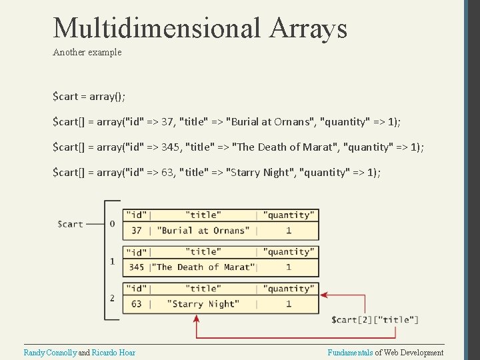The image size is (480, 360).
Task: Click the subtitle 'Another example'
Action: [x=87, y=52]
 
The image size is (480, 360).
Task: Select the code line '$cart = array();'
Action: [x=89, y=96]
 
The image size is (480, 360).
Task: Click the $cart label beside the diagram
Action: [x=70, y=224]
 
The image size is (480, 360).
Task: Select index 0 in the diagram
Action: [x=112, y=224]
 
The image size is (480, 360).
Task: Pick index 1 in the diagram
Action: [x=112, y=261]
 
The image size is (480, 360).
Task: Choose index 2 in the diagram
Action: [x=112, y=298]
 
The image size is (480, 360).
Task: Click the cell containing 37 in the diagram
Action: [x=137, y=230]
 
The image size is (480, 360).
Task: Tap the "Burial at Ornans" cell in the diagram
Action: [x=203, y=230]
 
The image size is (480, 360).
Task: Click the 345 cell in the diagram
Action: [x=137, y=267]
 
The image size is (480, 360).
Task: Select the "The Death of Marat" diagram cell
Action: [x=203, y=267]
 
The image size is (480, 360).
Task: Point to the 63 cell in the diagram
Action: [x=137, y=304]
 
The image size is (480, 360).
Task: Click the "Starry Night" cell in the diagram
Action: [x=203, y=304]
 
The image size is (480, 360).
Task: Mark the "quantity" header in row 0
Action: [x=288, y=215]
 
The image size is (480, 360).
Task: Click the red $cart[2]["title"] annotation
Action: [x=375, y=320]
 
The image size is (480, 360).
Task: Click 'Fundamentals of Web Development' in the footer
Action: [x=385, y=352]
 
